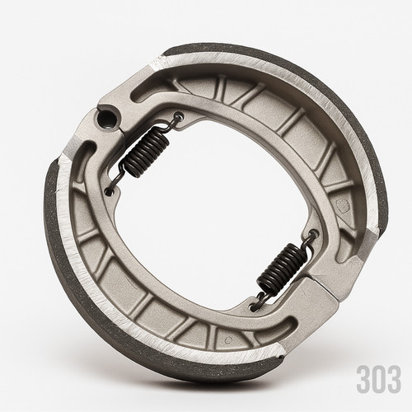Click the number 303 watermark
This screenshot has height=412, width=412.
(379, 379)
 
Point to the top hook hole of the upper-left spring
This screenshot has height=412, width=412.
(180, 115)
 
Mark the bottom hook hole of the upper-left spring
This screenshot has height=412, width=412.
(110, 190)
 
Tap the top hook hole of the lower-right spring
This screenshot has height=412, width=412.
(314, 235)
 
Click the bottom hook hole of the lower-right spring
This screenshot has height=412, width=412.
(254, 307)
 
